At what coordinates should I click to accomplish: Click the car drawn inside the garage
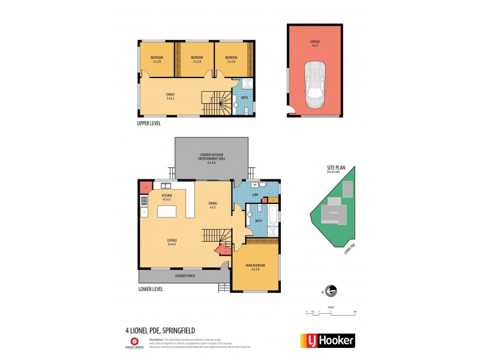[x=314, y=84]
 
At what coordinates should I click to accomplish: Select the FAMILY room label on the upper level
[x=170, y=96]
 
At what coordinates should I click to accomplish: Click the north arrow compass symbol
[x=330, y=291]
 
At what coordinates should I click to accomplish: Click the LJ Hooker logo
[x=327, y=340]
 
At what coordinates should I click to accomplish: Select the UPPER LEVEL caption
[x=149, y=123]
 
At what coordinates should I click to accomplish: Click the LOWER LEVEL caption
[x=151, y=289]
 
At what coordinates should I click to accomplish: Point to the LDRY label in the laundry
[x=255, y=196]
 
